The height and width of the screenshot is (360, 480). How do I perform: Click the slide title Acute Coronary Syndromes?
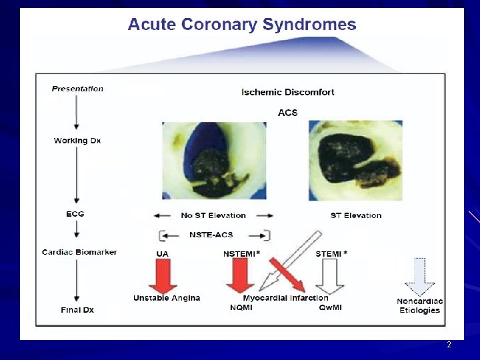242,25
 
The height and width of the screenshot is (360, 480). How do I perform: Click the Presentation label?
77,89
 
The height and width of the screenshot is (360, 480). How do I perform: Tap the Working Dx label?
77,141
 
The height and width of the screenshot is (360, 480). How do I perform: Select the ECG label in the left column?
75,214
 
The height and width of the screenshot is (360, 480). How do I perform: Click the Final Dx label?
78,309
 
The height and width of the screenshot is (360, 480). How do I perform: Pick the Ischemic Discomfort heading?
288,92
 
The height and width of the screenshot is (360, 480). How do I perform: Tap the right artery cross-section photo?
355,159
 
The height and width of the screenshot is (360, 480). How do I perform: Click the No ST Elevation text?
213,215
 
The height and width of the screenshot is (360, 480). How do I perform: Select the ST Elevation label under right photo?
356,215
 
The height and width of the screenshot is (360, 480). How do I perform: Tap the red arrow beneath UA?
162,275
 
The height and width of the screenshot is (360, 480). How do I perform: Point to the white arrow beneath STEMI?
329,275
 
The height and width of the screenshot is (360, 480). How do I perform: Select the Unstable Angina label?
167,298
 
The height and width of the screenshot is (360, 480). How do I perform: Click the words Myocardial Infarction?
285,298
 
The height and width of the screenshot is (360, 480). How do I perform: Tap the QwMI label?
331,307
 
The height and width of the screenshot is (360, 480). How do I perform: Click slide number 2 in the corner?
449,345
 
